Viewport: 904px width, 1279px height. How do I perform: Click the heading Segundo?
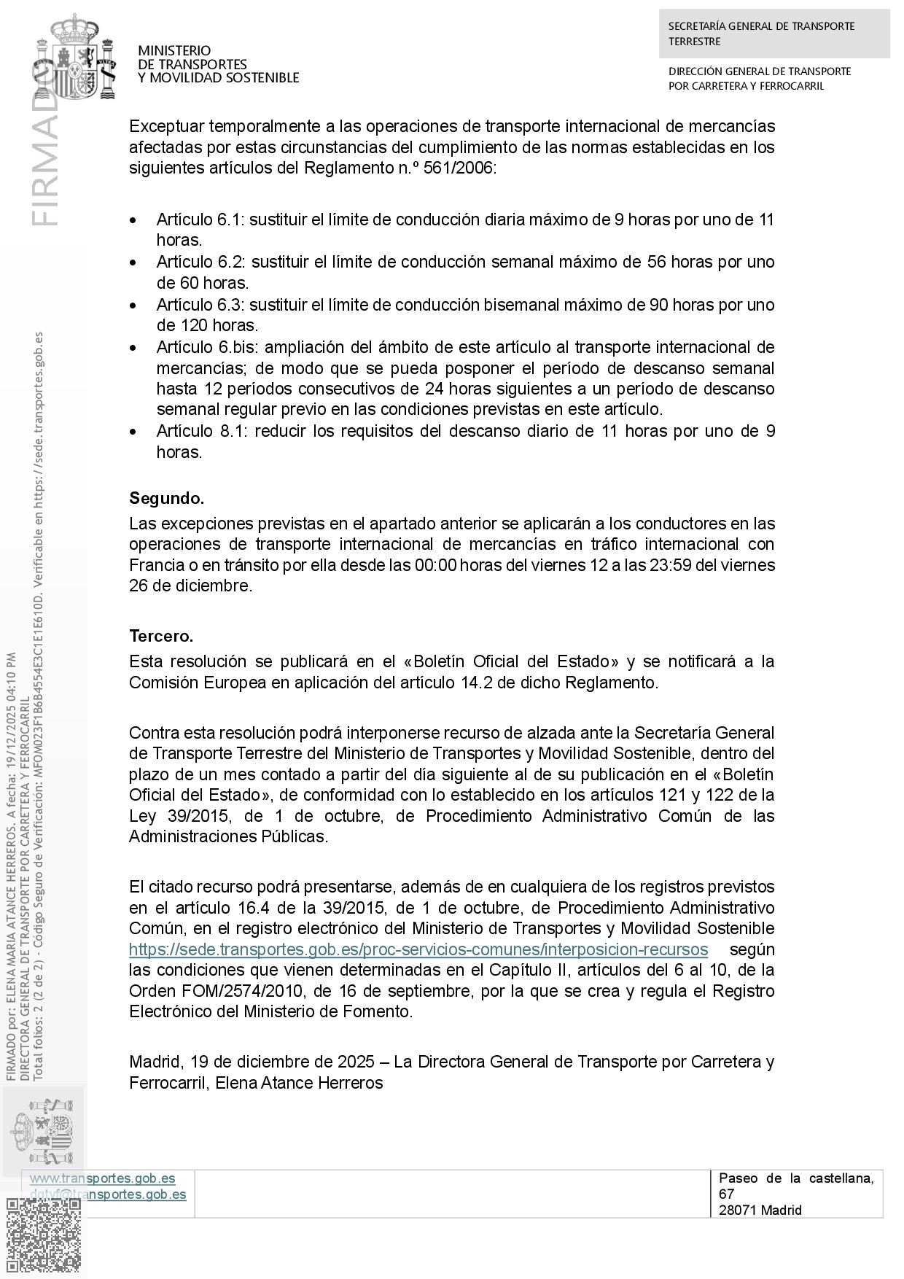[166, 499]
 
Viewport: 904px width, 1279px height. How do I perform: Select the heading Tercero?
[161, 636]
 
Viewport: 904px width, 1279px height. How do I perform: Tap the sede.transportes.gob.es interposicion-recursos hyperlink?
[418, 949]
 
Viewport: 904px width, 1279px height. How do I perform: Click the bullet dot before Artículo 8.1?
[133, 432]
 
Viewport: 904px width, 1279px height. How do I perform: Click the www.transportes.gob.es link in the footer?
[102, 1178]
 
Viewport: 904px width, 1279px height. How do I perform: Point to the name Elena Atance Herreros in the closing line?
[300, 1083]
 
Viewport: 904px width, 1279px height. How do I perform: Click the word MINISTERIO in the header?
[174, 51]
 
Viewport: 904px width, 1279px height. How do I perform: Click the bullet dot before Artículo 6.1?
[133, 220]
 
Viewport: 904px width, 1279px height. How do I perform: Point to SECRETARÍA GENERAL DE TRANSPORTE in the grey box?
[761, 26]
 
